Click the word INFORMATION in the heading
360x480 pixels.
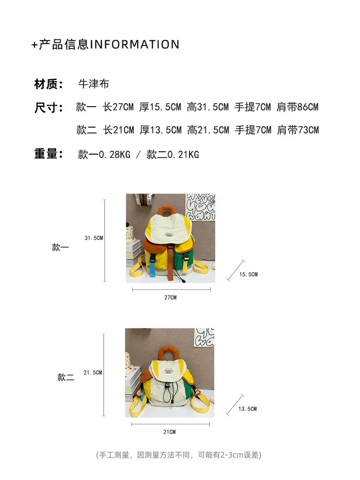point(134,45)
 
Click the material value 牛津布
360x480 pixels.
point(94,84)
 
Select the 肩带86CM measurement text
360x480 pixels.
point(298,107)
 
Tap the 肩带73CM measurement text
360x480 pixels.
point(298,130)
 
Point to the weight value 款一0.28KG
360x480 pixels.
point(104,155)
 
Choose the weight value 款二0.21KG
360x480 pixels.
point(173,155)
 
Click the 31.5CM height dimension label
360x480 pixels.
point(94,238)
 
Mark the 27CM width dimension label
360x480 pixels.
point(170,297)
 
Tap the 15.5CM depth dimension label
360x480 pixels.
point(248,274)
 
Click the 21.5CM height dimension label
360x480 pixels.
point(93,372)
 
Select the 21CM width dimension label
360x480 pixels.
point(169,432)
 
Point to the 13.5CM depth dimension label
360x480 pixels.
point(247,408)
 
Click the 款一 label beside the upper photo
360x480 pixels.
point(60,247)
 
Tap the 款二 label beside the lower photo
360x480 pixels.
point(66,377)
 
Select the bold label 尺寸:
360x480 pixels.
point(48,108)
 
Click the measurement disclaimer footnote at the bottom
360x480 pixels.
point(179,455)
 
